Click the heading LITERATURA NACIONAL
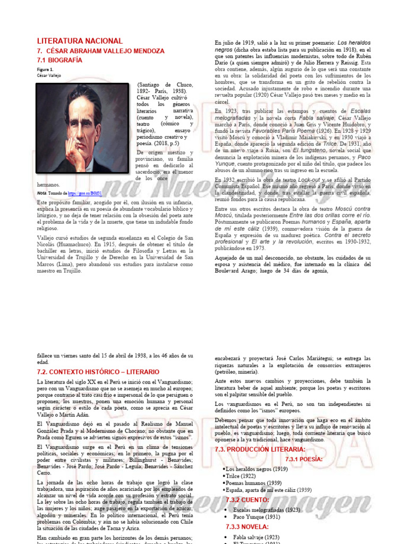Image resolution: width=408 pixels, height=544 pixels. coord(80,41)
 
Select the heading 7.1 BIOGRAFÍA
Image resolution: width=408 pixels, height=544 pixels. coord(59,60)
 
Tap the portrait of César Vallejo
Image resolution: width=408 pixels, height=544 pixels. coord(84,129)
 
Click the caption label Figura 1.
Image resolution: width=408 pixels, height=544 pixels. coord(45,70)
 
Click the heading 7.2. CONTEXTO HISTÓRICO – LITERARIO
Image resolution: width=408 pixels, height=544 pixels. coord(98,371)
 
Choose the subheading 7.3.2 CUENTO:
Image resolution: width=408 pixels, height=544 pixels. coord(248,500)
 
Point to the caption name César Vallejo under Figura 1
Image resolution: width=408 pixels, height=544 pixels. coord(49,75)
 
